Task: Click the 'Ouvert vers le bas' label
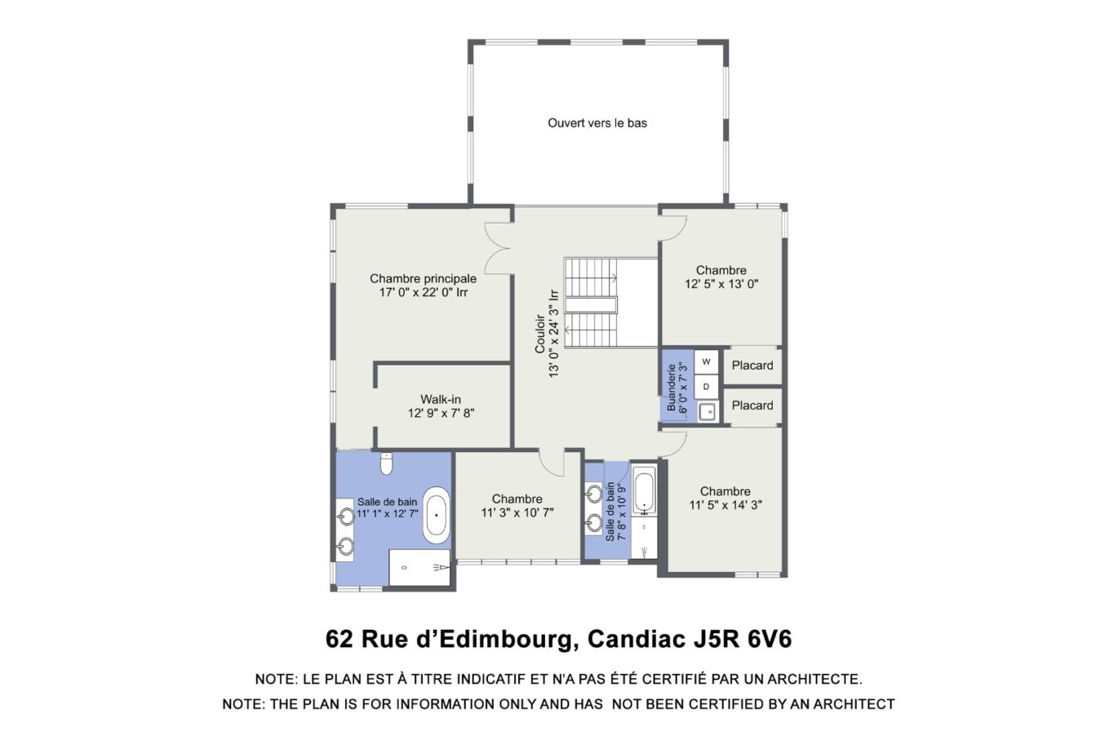point(597,123)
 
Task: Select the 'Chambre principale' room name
point(423,278)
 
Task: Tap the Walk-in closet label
point(441,399)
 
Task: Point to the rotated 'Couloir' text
point(539,334)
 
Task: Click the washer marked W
point(707,361)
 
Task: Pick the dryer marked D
point(707,386)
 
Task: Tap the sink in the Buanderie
point(707,411)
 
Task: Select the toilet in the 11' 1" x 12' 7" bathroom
point(387,463)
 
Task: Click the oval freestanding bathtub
point(437,515)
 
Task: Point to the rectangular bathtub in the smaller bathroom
point(644,491)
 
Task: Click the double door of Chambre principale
point(498,249)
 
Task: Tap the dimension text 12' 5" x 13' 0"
point(721,285)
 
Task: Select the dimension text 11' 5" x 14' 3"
point(725,505)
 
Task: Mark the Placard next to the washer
point(752,366)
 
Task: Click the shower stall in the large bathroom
point(419,566)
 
